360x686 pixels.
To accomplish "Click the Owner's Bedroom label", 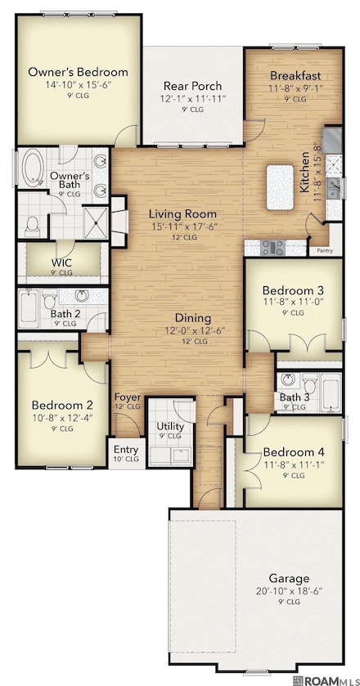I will [78, 72].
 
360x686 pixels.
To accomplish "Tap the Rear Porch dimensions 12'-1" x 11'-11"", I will [193, 100].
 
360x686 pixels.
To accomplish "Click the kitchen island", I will [278, 187].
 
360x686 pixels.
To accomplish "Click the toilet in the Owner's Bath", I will [33, 223].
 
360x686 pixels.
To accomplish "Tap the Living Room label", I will [182, 214].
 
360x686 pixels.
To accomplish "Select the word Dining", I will [193, 318].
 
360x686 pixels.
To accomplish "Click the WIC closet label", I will [61, 262].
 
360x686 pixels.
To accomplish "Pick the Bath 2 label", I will [64, 312].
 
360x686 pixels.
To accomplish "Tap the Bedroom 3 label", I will [293, 290].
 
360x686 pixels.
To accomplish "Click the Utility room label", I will [170, 427].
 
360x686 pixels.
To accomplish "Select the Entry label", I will [125, 449].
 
